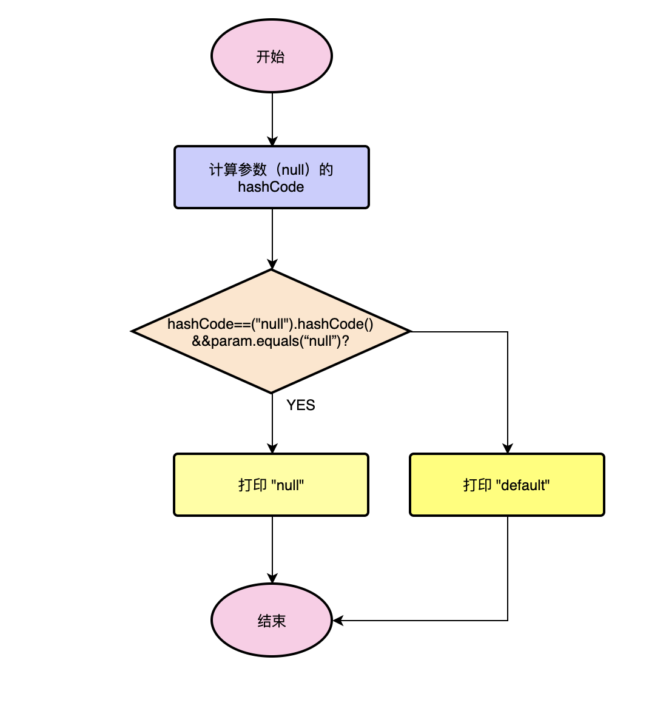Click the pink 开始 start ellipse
click(272, 56)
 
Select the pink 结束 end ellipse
click(272, 621)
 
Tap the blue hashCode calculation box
click(272, 177)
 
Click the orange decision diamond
click(272, 331)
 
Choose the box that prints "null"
click(271, 485)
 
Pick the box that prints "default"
click(507, 485)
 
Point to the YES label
click(301, 405)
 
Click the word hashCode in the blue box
click(271, 187)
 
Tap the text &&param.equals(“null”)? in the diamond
click(271, 341)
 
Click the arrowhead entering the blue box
click(272, 141)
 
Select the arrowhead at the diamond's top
click(272, 265)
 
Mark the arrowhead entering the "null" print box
click(272, 448)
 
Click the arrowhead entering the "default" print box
click(508, 448)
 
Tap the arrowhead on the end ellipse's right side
click(338, 621)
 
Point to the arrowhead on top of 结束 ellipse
click(272, 579)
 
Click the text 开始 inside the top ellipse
click(271, 56)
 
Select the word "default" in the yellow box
click(523, 485)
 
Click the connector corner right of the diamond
click(508, 332)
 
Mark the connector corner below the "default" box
click(508, 621)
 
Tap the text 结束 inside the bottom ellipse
click(271, 621)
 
